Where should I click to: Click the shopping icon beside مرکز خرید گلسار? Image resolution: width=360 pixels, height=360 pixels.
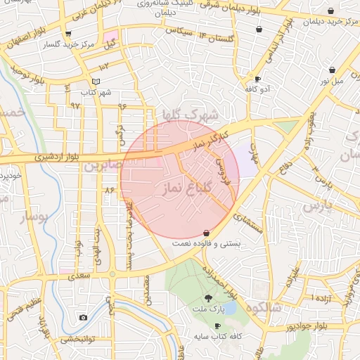67,33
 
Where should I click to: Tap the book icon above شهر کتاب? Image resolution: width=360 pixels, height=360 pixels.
96,82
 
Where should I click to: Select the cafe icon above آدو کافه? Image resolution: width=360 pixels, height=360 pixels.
257,79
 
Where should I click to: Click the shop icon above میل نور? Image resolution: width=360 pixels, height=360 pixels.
332,70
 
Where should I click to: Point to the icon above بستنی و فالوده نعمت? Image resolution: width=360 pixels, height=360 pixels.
206,233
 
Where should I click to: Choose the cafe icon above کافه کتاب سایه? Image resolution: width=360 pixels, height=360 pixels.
217,326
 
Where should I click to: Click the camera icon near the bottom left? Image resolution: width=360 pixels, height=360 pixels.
83,318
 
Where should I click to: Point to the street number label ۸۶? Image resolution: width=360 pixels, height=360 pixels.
109,190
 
